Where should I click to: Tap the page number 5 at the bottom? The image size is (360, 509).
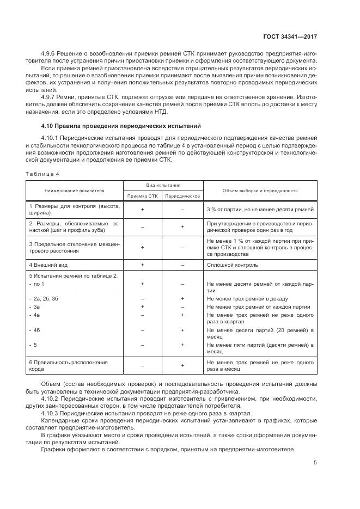pyautogui.click(x=315, y=463)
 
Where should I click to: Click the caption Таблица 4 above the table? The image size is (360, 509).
pyautogui.click(x=42, y=174)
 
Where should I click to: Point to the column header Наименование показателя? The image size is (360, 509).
pyautogui.click(x=75, y=191)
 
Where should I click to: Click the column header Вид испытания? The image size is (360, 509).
pyautogui.click(x=163, y=186)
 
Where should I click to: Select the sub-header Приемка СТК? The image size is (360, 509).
pyautogui.click(x=143, y=196)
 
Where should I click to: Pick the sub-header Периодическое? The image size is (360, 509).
pyautogui.click(x=183, y=196)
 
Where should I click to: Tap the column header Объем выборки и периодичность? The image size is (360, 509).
pyautogui.click(x=260, y=191)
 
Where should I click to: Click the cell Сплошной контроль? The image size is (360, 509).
pyautogui.click(x=233, y=265)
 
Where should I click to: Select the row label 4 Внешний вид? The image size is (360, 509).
pyautogui.click(x=48, y=265)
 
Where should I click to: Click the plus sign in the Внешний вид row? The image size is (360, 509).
pyautogui.click(x=143, y=265)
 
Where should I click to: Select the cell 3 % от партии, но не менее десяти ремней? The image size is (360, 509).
pyautogui.click(x=260, y=210)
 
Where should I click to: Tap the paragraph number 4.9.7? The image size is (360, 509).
pyautogui.click(x=49, y=97)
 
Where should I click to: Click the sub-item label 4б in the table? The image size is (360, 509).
pyautogui.click(x=37, y=330)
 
